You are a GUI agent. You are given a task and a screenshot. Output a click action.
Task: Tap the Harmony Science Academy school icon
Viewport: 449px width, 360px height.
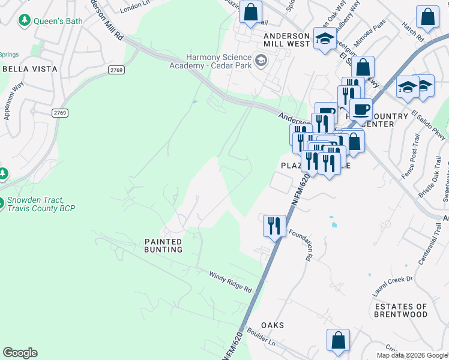(261, 60)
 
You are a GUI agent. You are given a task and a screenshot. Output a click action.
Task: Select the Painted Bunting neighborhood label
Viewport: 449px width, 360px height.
(163, 245)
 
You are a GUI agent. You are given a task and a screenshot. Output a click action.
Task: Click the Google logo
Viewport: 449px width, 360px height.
(20, 353)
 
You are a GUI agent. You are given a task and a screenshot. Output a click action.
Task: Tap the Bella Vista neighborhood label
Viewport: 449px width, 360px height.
(30, 69)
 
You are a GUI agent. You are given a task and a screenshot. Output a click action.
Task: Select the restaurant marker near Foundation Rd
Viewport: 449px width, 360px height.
(274, 226)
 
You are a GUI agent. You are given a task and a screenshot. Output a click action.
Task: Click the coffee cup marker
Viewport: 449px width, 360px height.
(361, 110)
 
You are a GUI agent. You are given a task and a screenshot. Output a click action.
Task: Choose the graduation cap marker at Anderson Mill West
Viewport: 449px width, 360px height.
(325, 40)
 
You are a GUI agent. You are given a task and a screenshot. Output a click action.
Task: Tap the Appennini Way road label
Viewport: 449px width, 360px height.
(11, 106)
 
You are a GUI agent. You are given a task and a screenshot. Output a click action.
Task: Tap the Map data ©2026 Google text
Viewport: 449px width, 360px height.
(412, 355)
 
